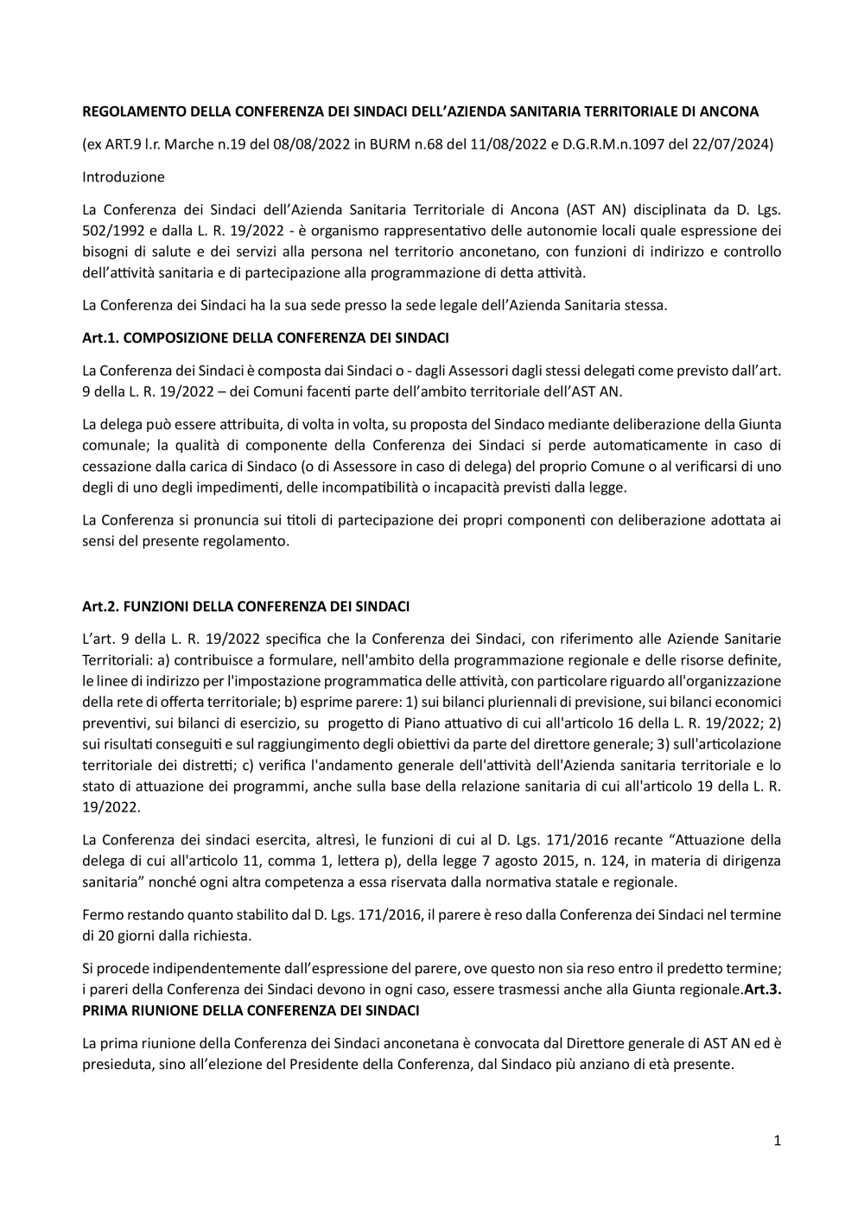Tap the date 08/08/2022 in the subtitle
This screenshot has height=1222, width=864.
[x=312, y=144]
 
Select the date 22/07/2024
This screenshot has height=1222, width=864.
[x=734, y=144]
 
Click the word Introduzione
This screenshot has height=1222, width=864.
[x=123, y=177]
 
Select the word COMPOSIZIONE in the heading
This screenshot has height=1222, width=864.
[x=168, y=337]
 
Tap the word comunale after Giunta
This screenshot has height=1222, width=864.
[x=112, y=445]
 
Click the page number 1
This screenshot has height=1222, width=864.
[x=778, y=1141]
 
